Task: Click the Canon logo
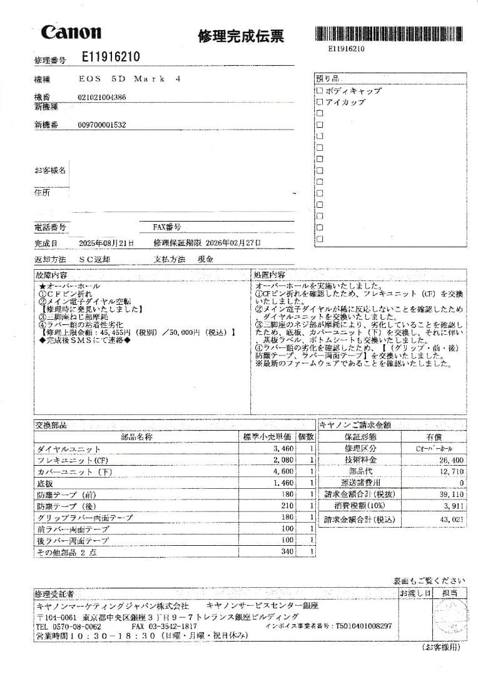coord(71,33)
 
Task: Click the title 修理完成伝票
coord(241,36)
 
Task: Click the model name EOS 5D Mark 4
coord(130,79)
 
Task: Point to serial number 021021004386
coord(102,98)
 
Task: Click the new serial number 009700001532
coord(102,125)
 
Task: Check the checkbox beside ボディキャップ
coord(320,91)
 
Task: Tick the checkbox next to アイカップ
coord(320,102)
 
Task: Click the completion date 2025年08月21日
coord(106,243)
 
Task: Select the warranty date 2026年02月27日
coord(233,243)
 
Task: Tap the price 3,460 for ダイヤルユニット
coord(283,449)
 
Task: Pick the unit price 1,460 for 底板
coord(283,483)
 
